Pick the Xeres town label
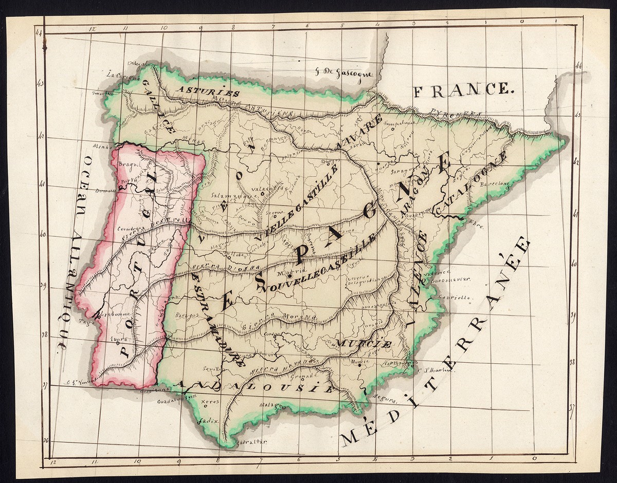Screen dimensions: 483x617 coord(210,401)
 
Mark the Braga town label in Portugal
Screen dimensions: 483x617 coord(125,165)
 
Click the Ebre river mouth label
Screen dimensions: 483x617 coord(476,221)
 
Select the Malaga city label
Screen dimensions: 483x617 coord(273,405)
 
